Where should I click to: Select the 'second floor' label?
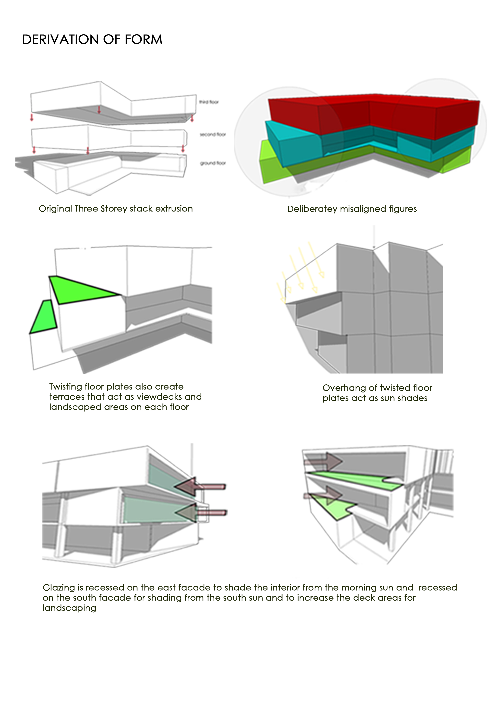(213, 135)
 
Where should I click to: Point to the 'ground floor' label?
(213, 163)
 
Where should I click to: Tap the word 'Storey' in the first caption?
(113, 209)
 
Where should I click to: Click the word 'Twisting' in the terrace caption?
(65, 387)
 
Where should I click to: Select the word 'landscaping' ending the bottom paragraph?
(69, 608)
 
